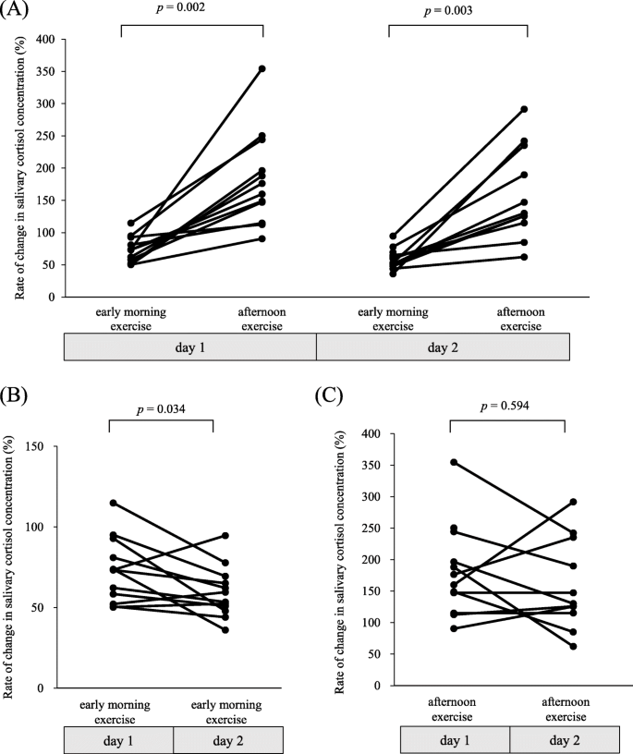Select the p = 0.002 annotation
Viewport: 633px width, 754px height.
tap(192, 10)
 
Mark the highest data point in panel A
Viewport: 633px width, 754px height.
tap(262, 69)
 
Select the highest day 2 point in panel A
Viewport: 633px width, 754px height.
tap(525, 109)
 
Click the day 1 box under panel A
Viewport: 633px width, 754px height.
tap(190, 347)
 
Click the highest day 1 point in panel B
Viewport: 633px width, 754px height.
tap(113, 503)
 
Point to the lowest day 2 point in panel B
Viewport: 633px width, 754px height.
tap(225, 630)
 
